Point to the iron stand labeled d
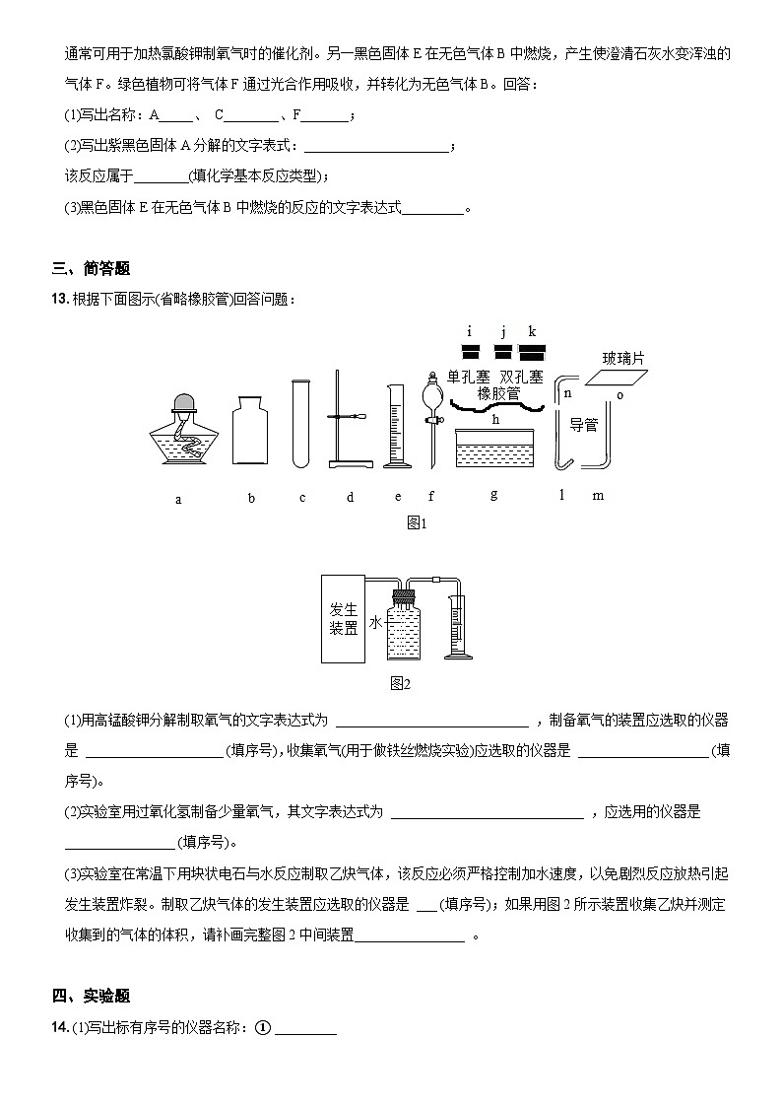click(347, 424)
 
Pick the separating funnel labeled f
click(430, 414)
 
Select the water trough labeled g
click(494, 450)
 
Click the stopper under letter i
click(470, 351)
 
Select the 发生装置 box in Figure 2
click(344, 619)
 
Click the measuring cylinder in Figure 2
click(456, 625)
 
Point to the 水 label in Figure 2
click(374, 623)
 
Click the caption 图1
click(417, 523)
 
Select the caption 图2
click(400, 683)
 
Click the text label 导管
click(584, 425)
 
